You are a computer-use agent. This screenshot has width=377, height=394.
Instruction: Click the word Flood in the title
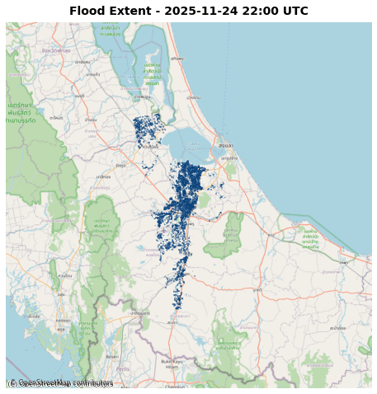point(87,12)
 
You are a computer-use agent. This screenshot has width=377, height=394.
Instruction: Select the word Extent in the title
point(129,12)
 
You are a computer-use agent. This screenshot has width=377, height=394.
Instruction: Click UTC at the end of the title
point(295,12)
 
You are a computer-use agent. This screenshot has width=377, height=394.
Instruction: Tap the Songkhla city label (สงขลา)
point(225,145)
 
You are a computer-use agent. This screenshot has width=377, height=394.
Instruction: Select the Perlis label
point(123,368)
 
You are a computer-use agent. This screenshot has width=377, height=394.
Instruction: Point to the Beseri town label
point(113,356)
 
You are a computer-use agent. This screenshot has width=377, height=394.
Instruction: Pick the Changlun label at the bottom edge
point(175,386)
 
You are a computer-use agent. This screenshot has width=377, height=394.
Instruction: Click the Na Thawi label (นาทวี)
point(257,289)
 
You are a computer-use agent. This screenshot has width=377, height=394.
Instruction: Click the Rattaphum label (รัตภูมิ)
point(103,176)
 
